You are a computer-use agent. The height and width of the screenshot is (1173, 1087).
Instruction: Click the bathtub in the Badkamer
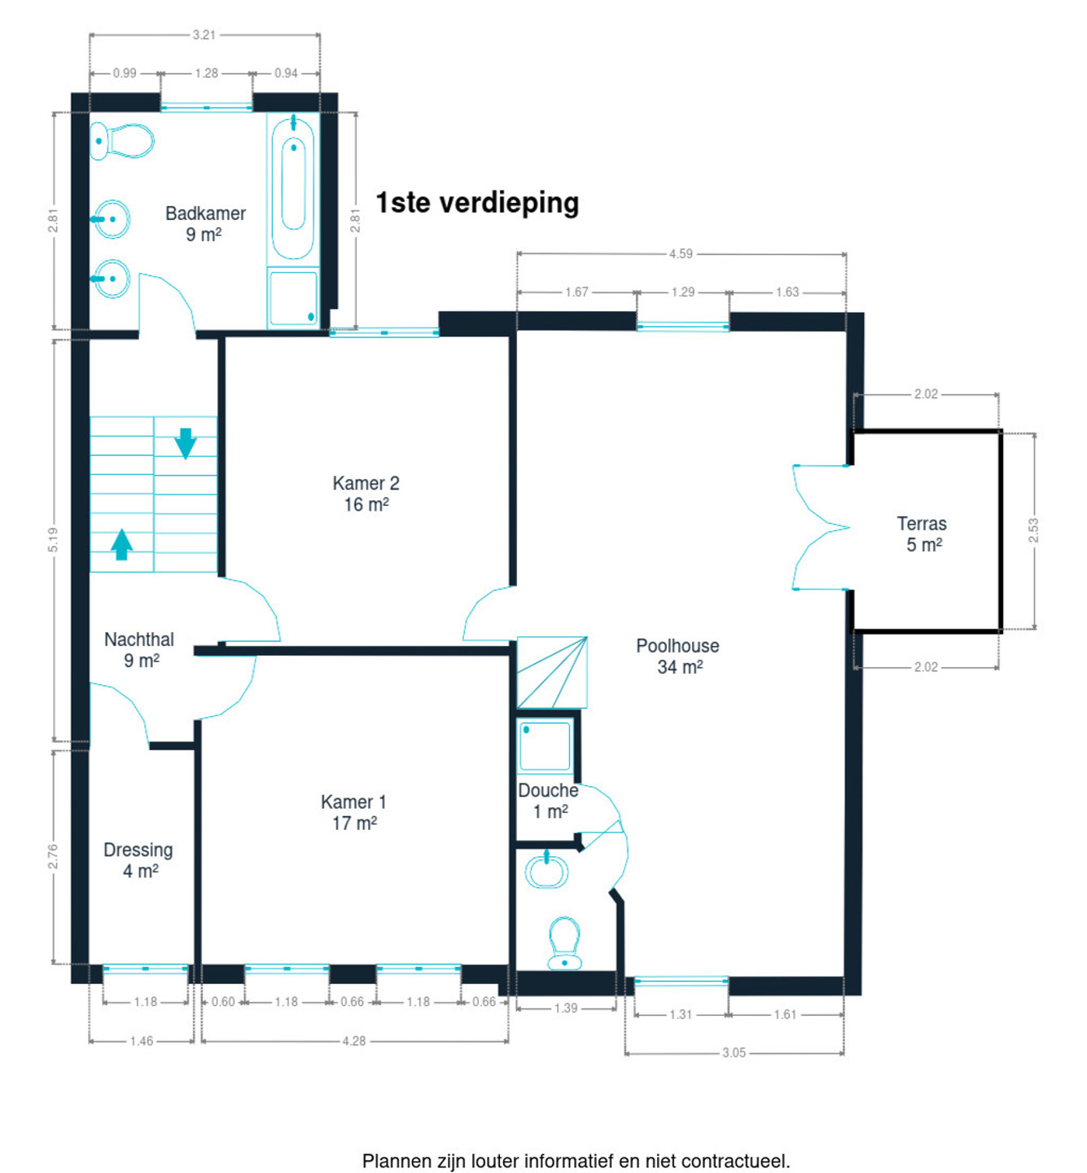pos(293,189)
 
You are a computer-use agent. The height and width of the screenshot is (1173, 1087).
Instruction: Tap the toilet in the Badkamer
pos(121,141)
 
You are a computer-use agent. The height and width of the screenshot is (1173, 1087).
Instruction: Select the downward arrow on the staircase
pos(186,444)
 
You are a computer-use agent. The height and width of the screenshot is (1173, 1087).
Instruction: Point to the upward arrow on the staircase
pos(121,544)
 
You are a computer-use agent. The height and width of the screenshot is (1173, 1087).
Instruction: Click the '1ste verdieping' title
pos(477,203)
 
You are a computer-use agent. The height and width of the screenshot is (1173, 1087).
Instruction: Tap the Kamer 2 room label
pos(366,494)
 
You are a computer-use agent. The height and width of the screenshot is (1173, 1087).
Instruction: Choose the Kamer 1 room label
pos(353,812)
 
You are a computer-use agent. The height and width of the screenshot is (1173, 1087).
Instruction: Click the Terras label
pos(923,534)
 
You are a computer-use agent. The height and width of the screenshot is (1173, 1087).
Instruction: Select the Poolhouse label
pos(677,657)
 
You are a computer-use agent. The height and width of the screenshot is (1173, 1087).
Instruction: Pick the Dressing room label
pos(138,860)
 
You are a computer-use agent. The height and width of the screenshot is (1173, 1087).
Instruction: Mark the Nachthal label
pos(139,650)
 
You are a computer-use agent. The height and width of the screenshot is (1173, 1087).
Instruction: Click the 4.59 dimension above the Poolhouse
pos(681,254)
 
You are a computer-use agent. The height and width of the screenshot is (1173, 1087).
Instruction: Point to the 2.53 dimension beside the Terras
pos(1033,530)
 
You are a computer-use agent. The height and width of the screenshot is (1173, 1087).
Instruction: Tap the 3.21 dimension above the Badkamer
pos(204,35)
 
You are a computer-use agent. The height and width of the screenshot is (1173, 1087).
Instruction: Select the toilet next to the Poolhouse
pos(564,943)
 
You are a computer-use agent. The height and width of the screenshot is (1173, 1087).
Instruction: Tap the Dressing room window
pos(145,969)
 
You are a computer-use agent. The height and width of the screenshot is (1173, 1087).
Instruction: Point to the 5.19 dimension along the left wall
pos(53,540)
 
